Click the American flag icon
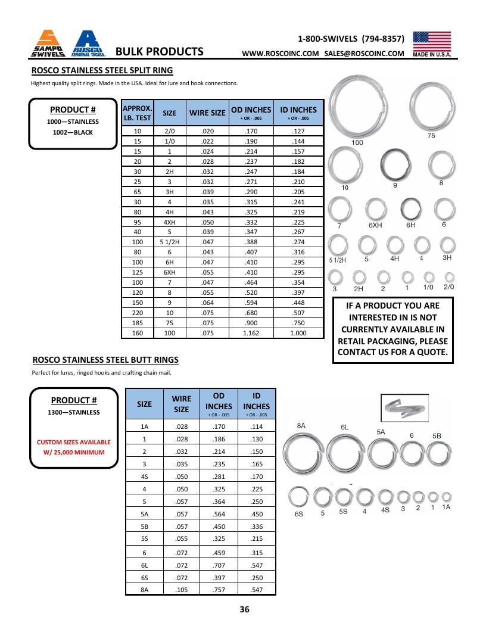(432, 41)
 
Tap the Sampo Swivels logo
(48, 43)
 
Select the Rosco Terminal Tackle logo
(88, 43)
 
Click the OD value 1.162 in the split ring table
(251, 333)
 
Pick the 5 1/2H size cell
(170, 242)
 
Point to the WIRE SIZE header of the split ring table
(207, 113)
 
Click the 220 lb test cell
(138, 313)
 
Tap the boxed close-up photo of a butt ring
(404, 408)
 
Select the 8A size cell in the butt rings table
(144, 590)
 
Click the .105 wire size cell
(181, 590)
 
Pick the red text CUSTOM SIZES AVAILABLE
(73, 442)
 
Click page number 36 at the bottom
(244, 609)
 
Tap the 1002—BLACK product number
(73, 132)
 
